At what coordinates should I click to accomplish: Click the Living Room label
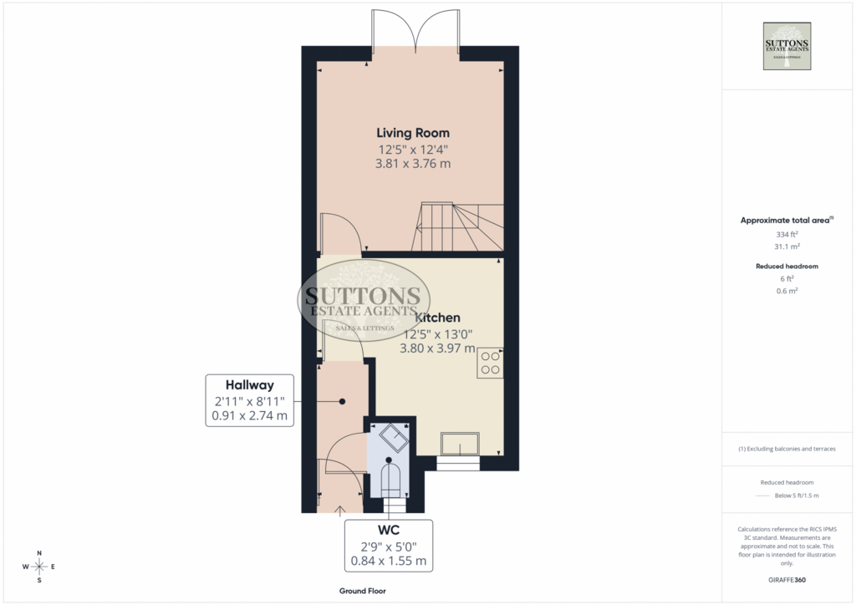(413, 133)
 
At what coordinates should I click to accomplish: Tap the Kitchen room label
(437, 318)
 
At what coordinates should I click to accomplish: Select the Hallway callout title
(249, 385)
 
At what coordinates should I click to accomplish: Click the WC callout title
(389, 530)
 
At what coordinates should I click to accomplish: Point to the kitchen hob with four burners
(490, 364)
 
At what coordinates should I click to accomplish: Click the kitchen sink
(461, 444)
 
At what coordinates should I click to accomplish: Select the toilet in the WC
(389, 479)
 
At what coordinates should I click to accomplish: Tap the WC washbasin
(394, 437)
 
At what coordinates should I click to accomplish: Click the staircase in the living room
(460, 226)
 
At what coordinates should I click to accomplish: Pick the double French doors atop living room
(416, 33)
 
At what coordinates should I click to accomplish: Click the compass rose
(39, 567)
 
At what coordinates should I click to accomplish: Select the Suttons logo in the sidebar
(787, 46)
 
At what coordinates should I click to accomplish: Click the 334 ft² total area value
(787, 235)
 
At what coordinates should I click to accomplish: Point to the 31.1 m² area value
(787, 247)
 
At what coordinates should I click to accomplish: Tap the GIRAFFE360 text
(787, 580)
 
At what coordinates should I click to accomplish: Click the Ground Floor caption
(363, 591)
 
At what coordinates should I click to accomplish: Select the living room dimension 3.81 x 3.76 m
(413, 164)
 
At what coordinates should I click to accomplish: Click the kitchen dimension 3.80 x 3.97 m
(437, 348)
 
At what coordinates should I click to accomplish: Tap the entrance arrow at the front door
(340, 511)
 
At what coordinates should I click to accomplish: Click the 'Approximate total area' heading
(785, 221)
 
